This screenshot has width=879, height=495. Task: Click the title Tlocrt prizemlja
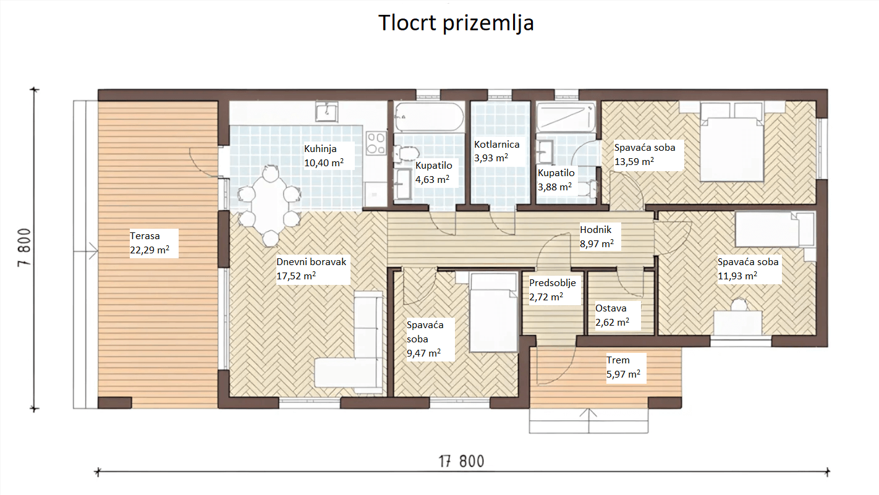[456, 23]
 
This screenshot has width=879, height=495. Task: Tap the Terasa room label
[145, 235]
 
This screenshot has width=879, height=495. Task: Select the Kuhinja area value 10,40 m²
[324, 163]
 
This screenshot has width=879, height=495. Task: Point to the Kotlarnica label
[496, 145]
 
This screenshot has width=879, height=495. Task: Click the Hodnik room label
[596, 229]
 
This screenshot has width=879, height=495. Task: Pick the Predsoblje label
[553, 283]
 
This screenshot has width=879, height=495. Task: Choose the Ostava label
[611, 308]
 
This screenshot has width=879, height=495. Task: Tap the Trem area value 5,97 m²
[623, 374]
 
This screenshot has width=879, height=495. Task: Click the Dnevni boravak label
[311, 261]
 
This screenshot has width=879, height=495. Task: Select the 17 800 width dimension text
[462, 461]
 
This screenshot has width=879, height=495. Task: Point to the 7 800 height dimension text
[24, 247]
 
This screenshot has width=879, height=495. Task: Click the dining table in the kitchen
[270, 206]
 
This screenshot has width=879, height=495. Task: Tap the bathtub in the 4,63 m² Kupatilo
[429, 117]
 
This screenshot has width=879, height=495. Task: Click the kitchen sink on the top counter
[326, 111]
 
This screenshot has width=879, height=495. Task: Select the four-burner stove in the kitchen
[376, 143]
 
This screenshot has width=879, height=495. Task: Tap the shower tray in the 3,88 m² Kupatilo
[566, 117]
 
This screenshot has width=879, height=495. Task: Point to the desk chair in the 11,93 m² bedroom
[739, 305]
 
